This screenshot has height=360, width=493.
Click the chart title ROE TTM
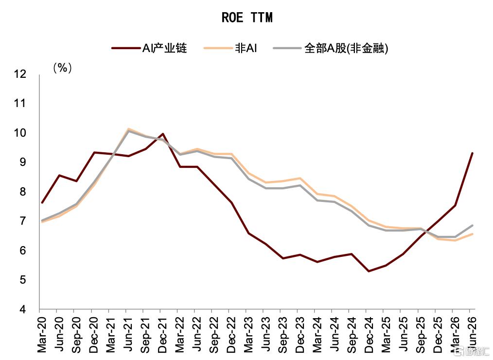click(247, 18)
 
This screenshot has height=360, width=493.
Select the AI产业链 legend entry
click(149, 48)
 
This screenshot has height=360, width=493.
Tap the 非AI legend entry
click(230, 48)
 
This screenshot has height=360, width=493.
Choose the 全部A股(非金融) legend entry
click(331, 48)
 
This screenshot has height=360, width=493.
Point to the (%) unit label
click(63, 68)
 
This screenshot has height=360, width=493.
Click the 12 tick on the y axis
click(20, 74)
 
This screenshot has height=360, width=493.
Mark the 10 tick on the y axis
click(20, 133)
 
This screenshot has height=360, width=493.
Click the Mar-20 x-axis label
click(41, 334)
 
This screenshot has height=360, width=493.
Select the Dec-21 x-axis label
click(162, 334)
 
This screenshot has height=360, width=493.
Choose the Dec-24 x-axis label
click(369, 334)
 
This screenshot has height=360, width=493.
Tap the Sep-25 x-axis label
click(421, 334)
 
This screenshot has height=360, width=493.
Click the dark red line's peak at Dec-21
click(162, 134)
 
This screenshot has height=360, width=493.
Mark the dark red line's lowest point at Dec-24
click(369, 271)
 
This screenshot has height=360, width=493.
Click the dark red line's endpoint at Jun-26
click(472, 153)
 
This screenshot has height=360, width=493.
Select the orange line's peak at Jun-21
click(128, 129)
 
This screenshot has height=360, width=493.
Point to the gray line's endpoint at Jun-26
click(472, 225)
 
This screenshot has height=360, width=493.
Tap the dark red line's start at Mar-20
click(42, 203)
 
